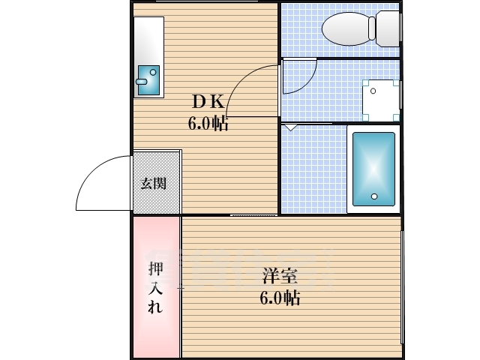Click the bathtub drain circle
coord(373,197)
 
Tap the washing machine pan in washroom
coord(379,100)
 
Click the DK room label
coord(207,100)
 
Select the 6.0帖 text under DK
coord(208,124)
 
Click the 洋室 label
coord(279,274)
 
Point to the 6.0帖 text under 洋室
coord(280,298)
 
